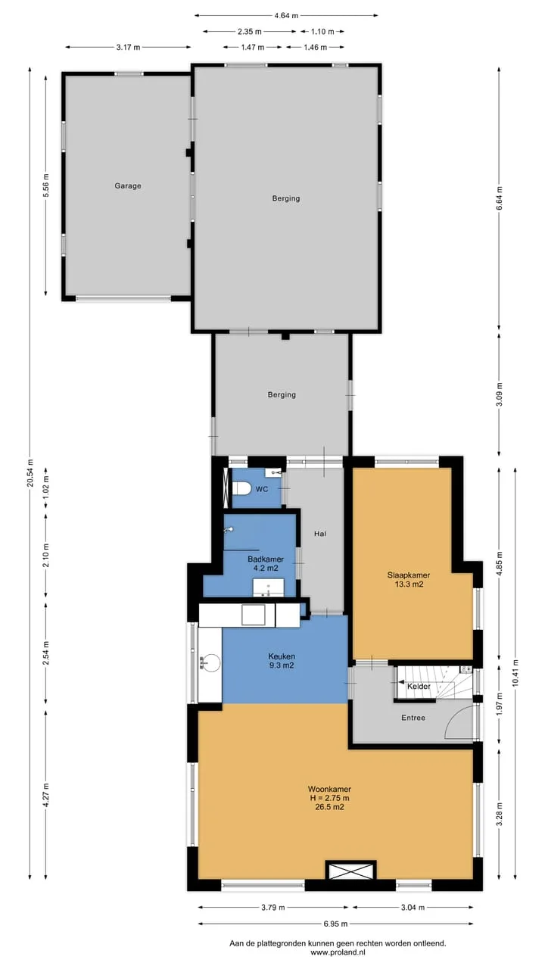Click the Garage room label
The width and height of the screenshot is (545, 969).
(128, 185)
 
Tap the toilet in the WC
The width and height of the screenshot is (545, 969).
(241, 489)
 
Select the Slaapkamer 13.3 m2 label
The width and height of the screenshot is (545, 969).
(408, 580)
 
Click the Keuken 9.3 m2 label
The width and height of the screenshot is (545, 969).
(282, 661)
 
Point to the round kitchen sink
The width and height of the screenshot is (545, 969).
(210, 662)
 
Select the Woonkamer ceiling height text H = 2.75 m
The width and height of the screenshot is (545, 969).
(329, 798)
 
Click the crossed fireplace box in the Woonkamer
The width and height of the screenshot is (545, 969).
(350, 871)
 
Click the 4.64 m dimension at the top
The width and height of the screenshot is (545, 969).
(286, 16)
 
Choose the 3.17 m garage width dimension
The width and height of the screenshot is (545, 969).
(128, 47)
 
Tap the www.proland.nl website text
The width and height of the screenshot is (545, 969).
(338, 952)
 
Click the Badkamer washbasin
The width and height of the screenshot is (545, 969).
(268, 587)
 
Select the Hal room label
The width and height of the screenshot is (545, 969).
(320, 534)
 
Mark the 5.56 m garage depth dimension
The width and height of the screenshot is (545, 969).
(46, 185)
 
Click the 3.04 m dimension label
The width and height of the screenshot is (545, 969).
(413, 907)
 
